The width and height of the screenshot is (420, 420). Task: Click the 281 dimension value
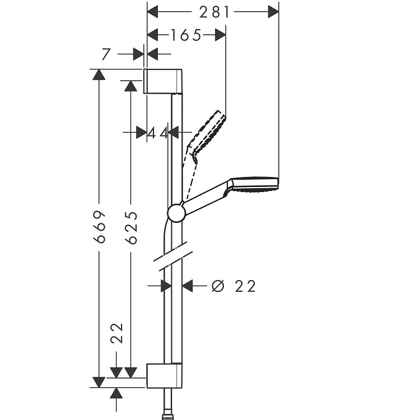click(214, 12)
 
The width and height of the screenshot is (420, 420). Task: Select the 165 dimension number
click(185, 35)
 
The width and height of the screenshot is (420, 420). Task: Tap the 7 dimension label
click(106, 54)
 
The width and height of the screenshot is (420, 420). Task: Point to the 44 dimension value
click(158, 133)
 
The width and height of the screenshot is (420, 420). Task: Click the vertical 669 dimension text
click(99, 227)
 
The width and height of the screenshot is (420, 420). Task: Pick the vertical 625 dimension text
click(131, 227)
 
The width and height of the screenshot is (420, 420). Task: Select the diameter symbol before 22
click(217, 286)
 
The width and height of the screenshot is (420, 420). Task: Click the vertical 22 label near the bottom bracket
click(117, 333)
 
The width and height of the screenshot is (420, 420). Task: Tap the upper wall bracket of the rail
click(163, 81)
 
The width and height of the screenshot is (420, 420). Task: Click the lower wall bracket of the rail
click(164, 376)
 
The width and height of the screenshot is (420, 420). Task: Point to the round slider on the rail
click(176, 213)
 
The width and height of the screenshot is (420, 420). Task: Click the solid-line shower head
click(254, 184)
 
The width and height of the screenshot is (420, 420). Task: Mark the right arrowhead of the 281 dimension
click(273, 12)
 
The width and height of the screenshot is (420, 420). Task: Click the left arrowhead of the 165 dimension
click(153, 35)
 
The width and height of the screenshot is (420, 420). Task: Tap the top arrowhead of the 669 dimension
click(99, 74)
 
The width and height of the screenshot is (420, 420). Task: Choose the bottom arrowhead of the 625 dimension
click(130, 372)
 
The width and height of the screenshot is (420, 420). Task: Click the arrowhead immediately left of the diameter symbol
click(188, 286)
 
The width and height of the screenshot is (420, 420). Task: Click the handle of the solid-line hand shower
click(206, 198)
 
